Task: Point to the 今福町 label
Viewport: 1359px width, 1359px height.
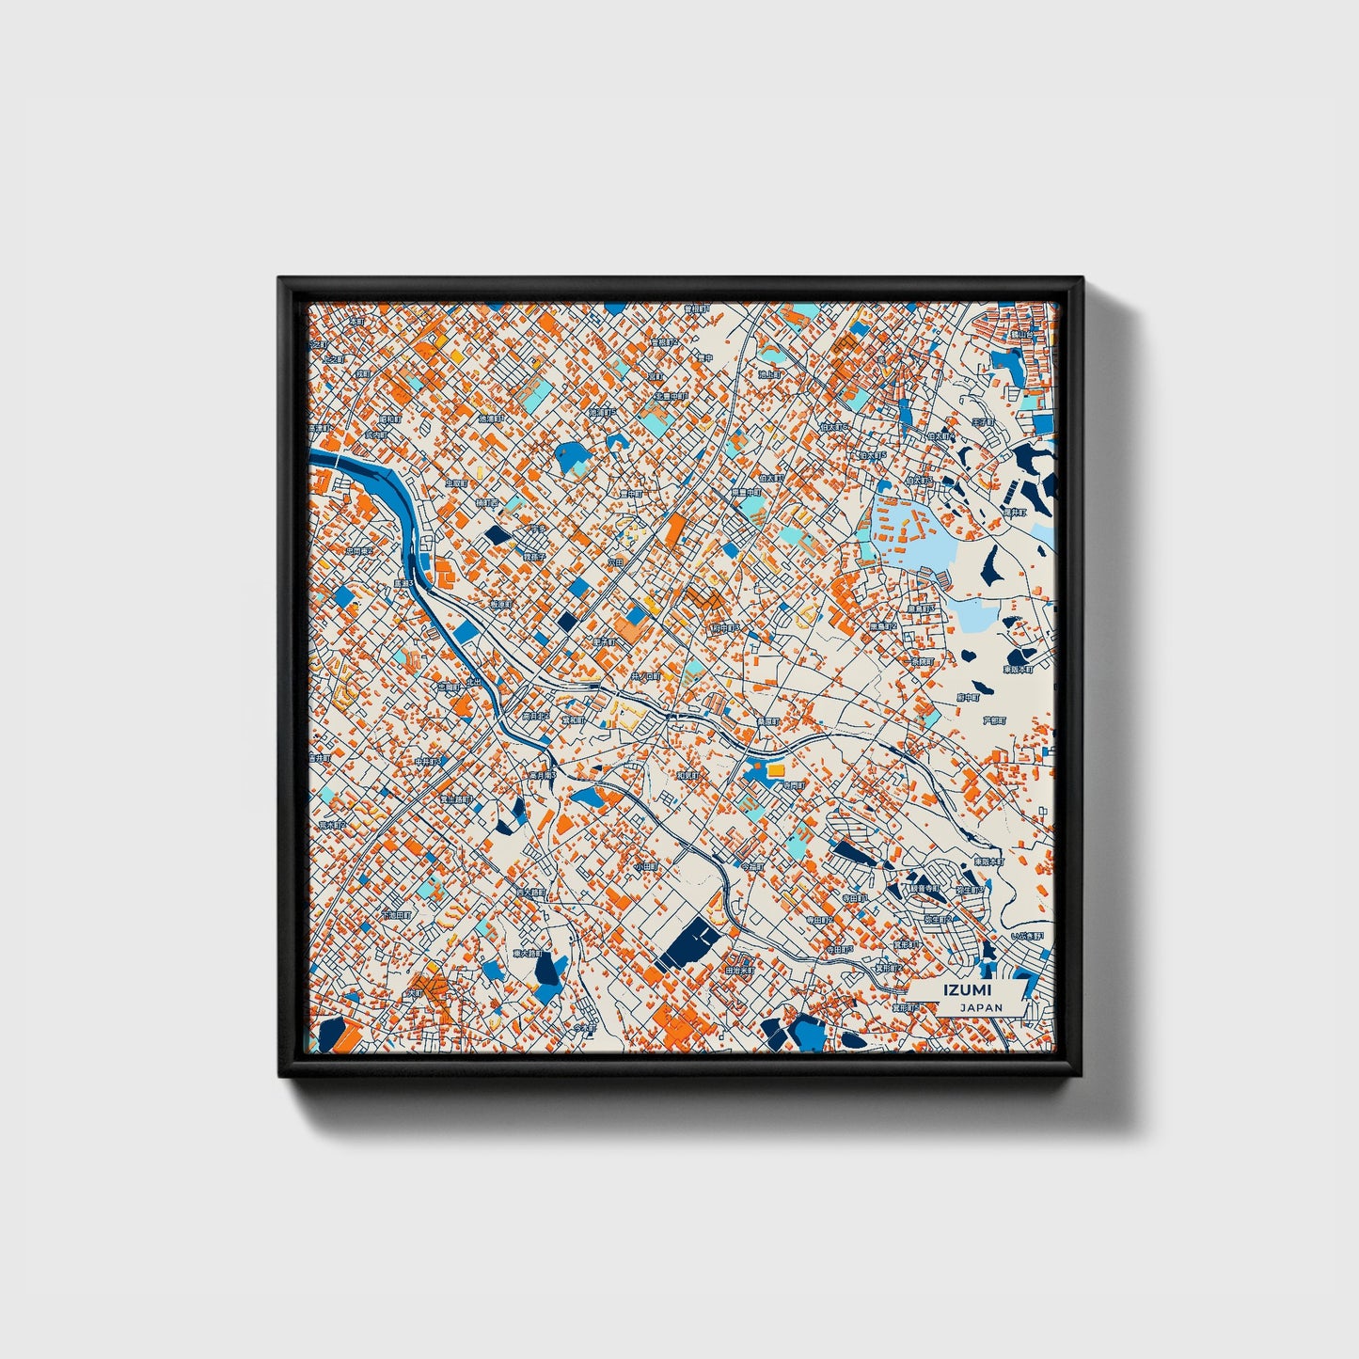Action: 752,865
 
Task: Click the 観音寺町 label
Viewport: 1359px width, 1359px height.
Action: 924,887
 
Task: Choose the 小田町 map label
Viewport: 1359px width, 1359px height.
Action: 644,865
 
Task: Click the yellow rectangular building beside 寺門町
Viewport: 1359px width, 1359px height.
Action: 775,769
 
